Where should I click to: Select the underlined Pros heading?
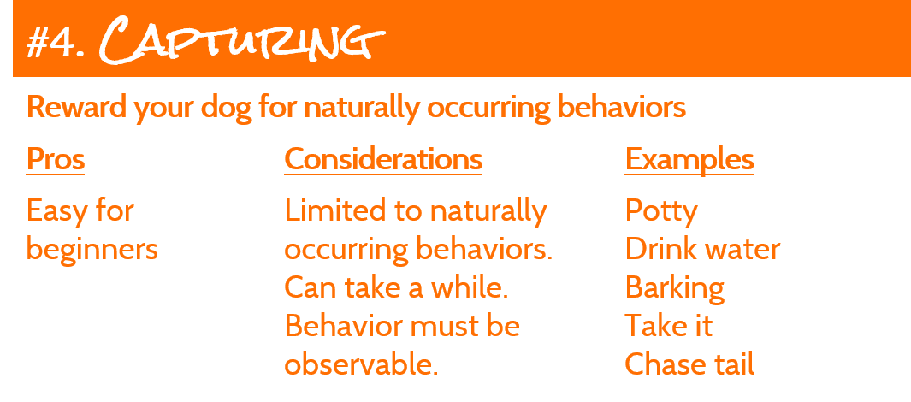(56, 159)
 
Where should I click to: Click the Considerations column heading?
(383, 159)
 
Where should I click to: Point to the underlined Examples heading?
(689, 159)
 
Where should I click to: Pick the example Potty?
(661, 212)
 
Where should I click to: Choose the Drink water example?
(702, 249)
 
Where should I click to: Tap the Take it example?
(669, 326)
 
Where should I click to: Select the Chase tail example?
(689, 364)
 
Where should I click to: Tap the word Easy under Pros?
(53, 212)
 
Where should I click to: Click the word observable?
(361, 364)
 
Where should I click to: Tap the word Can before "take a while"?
(311, 288)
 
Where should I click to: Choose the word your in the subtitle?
(163, 109)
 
